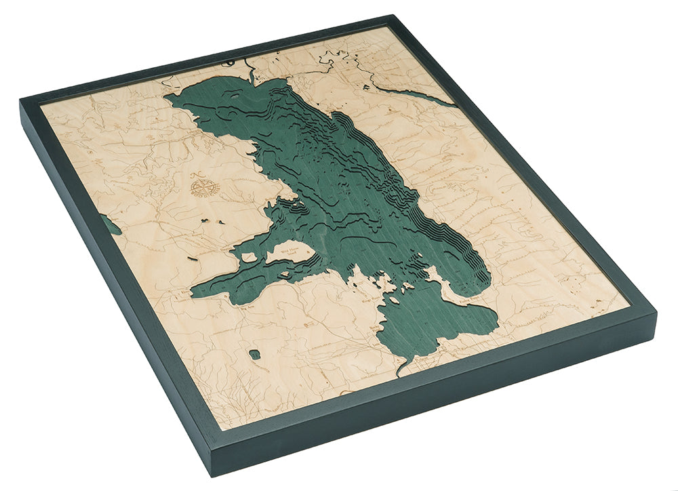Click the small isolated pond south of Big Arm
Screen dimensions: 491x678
[x=254, y=354]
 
